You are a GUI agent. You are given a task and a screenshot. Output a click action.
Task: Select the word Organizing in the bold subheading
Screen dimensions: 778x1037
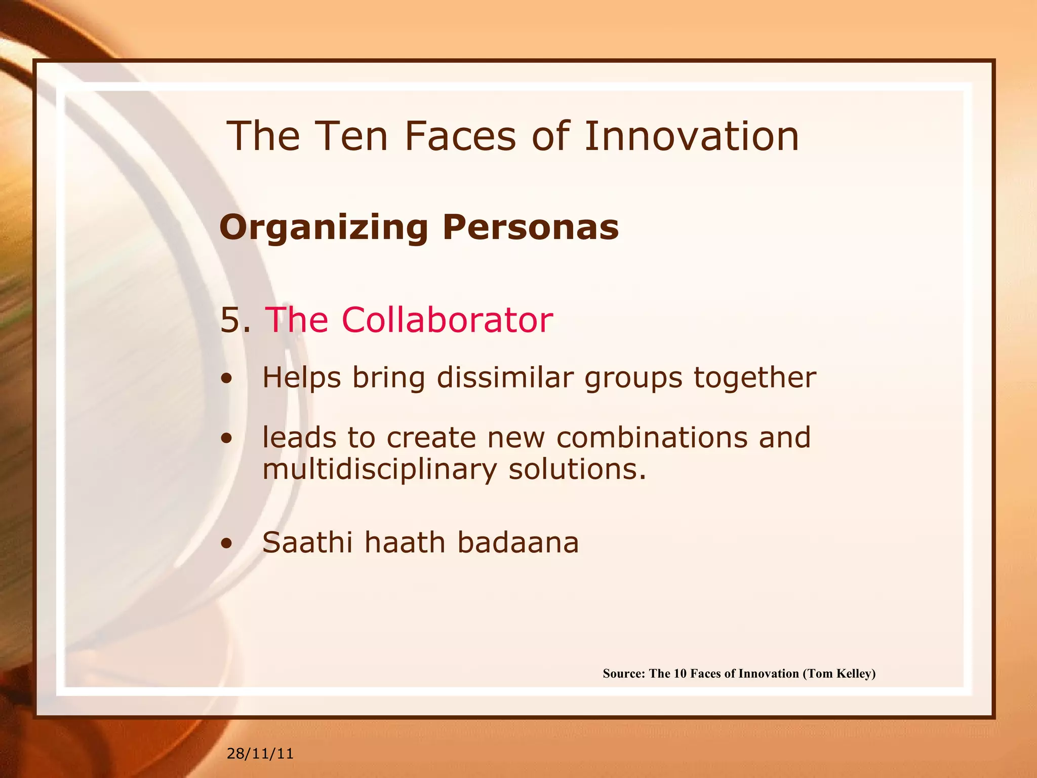[x=324, y=228]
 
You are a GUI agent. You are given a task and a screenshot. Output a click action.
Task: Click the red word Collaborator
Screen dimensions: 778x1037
[x=447, y=320]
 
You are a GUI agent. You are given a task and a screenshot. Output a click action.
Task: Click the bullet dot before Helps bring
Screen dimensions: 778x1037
[x=227, y=379]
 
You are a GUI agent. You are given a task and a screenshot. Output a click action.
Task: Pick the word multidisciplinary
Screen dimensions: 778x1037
[x=380, y=470]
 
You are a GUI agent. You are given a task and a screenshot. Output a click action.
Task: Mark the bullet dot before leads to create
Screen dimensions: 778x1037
[x=227, y=439]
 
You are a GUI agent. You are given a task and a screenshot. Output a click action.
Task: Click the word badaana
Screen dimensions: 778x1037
[x=517, y=542]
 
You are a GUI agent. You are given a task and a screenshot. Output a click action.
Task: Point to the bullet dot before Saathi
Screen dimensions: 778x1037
[x=227, y=544]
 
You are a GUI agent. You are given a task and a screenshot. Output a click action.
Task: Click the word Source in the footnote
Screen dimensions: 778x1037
[x=623, y=674]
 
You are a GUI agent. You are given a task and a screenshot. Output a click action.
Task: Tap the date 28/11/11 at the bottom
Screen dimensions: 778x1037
[x=260, y=754]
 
